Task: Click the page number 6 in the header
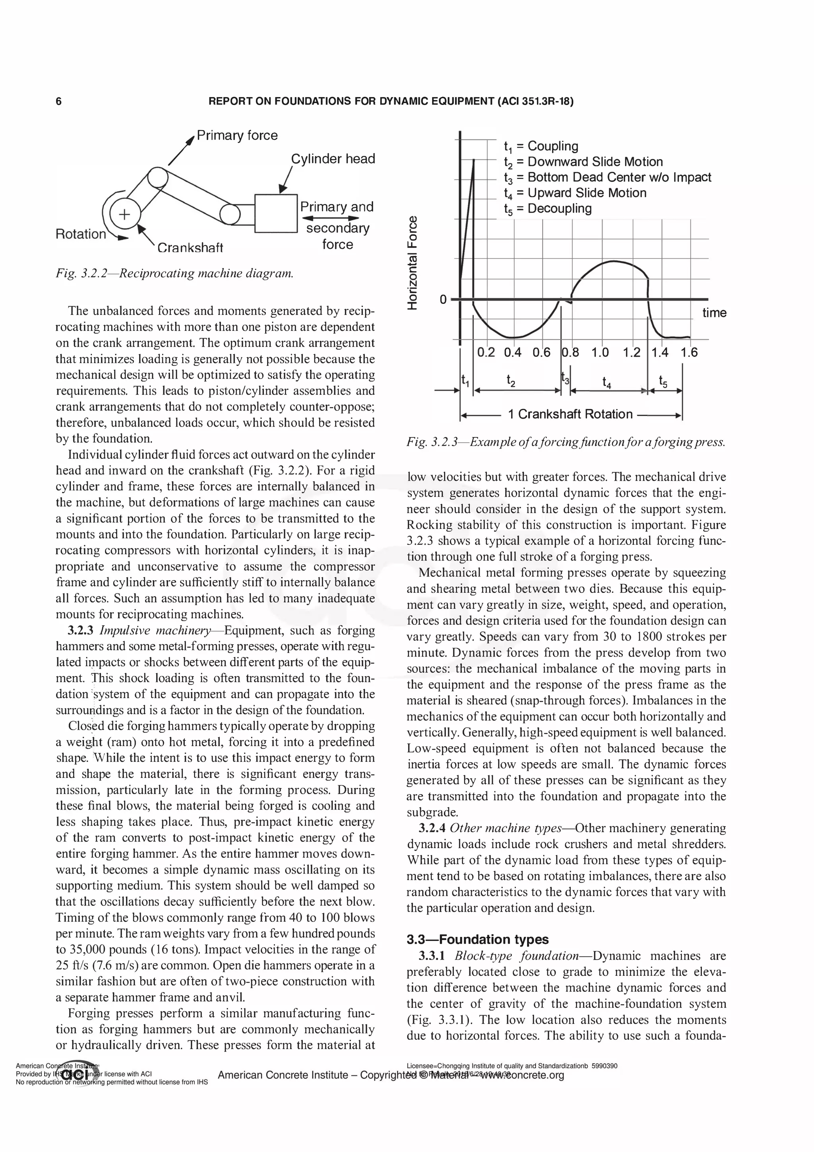coord(59,102)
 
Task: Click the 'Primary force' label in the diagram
coord(237,136)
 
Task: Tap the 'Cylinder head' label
coord(333,159)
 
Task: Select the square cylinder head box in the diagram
coord(276,213)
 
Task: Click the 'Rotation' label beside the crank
coord(81,234)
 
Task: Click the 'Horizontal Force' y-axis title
coord(412,262)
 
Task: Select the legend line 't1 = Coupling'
coord(541,146)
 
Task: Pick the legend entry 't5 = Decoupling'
coord(548,209)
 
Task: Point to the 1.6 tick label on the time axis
coord(689,353)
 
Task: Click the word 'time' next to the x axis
coord(714,313)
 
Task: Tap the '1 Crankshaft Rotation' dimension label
coord(570,414)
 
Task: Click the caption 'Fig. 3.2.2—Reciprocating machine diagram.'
coord(174,274)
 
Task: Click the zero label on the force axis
coord(443,299)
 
